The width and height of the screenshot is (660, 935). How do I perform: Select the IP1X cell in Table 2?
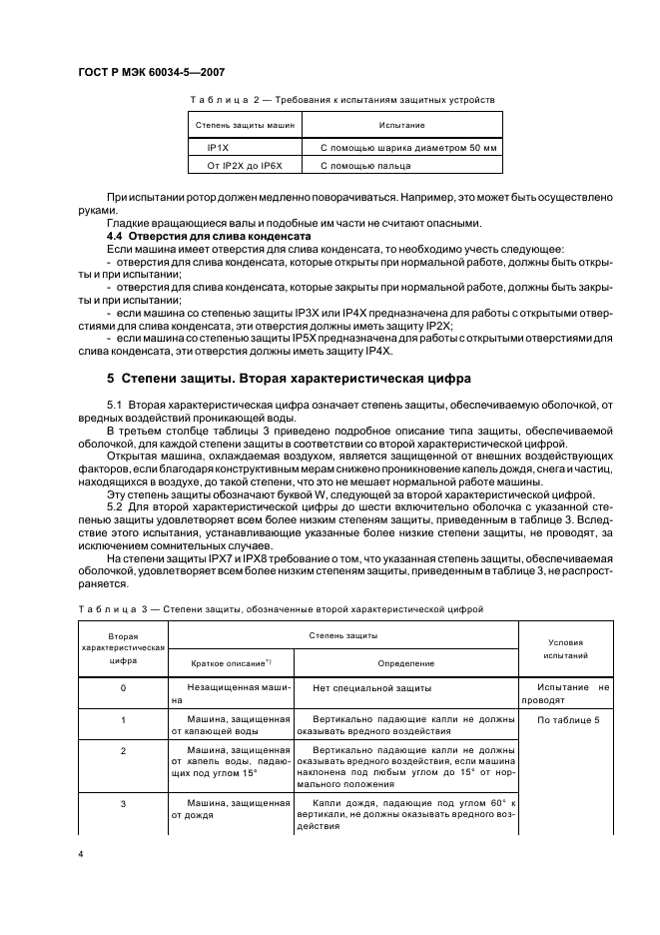[218, 147]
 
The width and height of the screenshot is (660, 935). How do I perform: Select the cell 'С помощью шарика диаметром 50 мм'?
[408, 147]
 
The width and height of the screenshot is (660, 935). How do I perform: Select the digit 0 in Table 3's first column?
[122, 688]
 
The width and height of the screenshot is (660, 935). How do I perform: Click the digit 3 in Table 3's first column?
[122, 803]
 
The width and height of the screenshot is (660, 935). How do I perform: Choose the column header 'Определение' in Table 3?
[405, 662]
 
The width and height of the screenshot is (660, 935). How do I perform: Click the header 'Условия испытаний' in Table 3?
[566, 649]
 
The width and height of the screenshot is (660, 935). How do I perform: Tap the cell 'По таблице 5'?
[568, 719]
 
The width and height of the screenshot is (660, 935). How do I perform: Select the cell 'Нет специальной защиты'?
[371, 688]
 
